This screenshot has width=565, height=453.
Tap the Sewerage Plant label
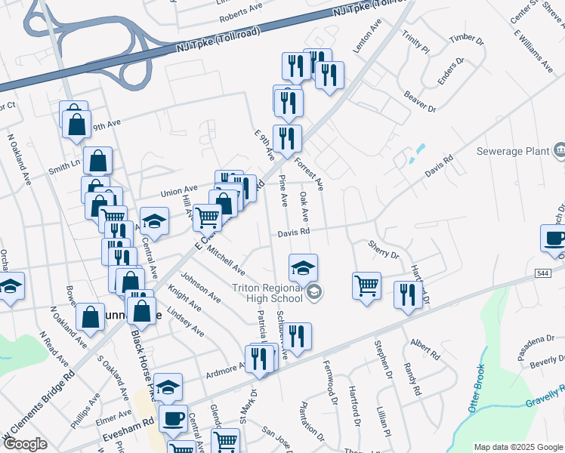pos(512,151)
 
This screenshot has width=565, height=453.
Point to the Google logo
pos(25,444)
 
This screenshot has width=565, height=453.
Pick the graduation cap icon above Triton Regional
pos(303,267)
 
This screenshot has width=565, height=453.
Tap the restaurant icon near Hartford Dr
pos(408,294)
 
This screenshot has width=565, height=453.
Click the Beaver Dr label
pos(420,103)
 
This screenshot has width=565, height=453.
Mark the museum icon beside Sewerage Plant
pos(560,151)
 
